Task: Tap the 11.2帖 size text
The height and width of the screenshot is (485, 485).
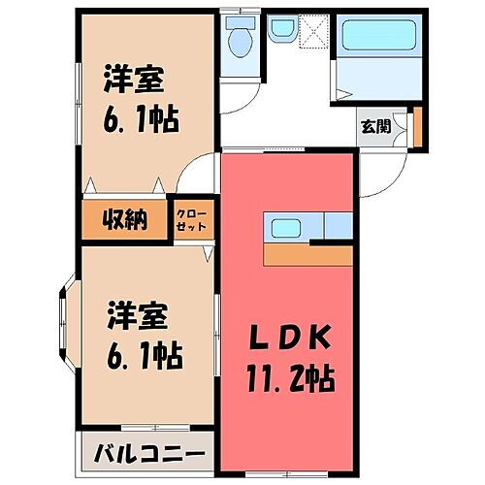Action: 291,378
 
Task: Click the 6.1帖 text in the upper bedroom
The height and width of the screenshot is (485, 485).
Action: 139,121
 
